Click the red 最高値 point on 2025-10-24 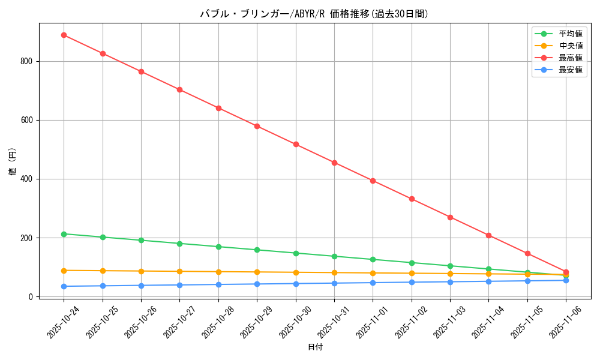(x=64, y=35)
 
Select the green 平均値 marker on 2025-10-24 (x=64, y=234)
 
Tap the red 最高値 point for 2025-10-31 (x=334, y=163)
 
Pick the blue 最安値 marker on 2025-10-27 (x=179, y=285)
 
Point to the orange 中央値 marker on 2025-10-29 (x=257, y=272)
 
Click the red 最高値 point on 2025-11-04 (x=488, y=235)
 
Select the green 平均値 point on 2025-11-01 (x=373, y=259)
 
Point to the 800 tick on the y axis (x=27, y=61)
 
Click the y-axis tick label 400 (x=27, y=179)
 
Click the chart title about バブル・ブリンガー (x=314, y=14)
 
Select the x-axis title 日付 (x=315, y=347)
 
